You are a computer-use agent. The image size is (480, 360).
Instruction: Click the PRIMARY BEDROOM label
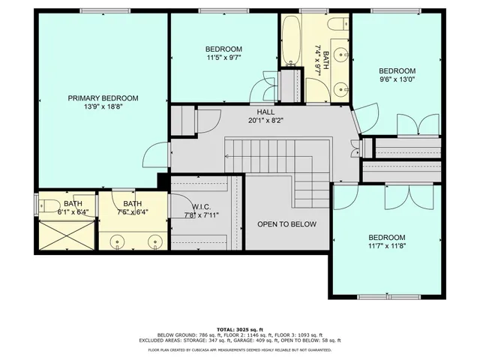(103, 98)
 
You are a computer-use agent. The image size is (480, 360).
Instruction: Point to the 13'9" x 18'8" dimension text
(103, 108)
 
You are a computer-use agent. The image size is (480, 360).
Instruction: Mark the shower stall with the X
(66, 235)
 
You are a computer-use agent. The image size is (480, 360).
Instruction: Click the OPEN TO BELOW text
(286, 224)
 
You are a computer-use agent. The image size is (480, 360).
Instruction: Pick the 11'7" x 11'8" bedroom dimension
(387, 245)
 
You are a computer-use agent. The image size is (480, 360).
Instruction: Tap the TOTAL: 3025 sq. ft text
(239, 328)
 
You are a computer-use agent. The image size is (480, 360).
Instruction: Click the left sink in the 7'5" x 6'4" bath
(118, 241)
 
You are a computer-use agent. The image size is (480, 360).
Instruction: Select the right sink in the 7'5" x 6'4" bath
(154, 241)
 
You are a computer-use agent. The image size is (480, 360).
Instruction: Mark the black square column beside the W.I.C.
(161, 181)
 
